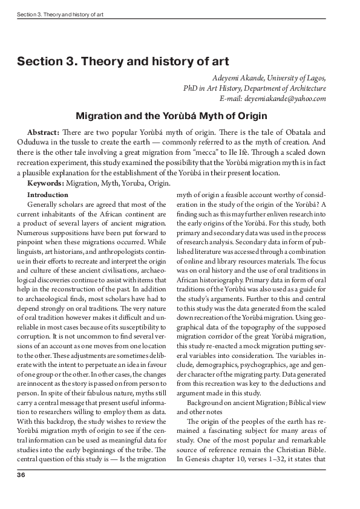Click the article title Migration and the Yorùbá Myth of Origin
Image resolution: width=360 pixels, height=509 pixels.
point(180,116)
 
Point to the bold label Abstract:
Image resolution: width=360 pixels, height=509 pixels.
point(43,132)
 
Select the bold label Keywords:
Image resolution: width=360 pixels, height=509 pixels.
point(45,183)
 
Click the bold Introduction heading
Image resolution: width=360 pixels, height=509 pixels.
point(48,195)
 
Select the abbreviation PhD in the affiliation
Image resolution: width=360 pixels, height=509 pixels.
point(191,88)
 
